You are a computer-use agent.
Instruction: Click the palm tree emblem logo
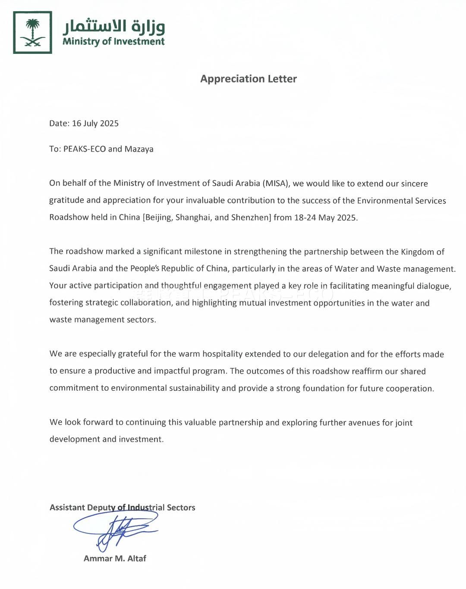(x=32, y=32)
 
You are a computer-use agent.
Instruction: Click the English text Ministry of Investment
(x=113, y=41)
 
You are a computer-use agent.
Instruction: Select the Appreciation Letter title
(x=249, y=79)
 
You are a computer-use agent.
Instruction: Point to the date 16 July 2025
(x=95, y=124)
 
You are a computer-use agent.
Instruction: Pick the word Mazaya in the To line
(x=139, y=149)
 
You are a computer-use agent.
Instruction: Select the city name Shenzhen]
(x=251, y=217)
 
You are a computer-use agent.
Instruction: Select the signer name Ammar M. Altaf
(x=115, y=558)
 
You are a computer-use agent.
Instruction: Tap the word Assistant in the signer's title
(x=67, y=508)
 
